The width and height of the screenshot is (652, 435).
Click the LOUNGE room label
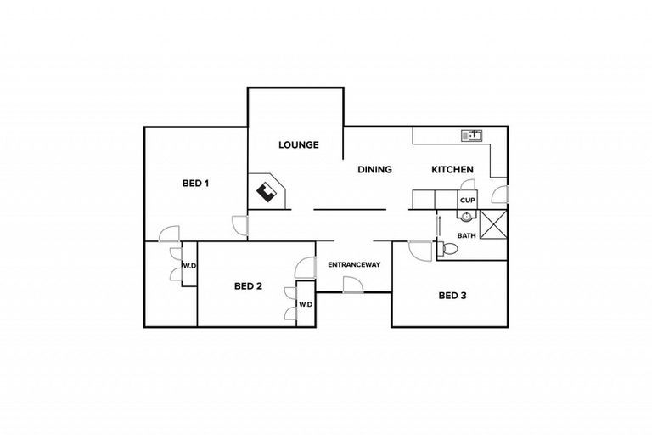tap(299, 145)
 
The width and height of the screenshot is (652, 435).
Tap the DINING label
tap(374, 170)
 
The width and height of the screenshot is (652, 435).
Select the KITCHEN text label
tap(452, 170)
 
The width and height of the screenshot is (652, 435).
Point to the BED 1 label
tap(196, 183)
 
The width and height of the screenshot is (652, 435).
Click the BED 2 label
tap(247, 286)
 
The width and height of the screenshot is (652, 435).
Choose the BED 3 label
tap(452, 297)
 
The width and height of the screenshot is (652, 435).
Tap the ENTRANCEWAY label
tap(353, 265)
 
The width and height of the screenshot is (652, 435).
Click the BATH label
tap(466, 235)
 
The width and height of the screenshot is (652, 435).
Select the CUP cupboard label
tap(467, 200)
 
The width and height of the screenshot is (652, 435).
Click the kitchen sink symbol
tap(471, 135)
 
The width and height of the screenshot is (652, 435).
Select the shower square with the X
tap(492, 226)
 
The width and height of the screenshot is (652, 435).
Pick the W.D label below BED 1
tap(190, 266)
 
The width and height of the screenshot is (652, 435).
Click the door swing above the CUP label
tap(466, 189)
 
